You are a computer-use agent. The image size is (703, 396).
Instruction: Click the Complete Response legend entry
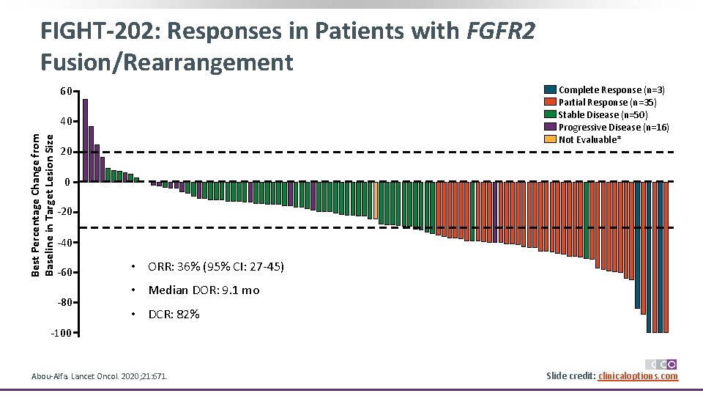[611, 89]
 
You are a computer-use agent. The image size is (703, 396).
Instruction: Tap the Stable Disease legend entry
[602, 114]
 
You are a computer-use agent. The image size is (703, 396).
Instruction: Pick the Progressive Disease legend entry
[613, 127]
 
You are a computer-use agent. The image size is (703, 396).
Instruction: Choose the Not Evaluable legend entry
[589, 139]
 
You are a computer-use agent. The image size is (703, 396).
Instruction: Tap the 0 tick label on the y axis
[67, 182]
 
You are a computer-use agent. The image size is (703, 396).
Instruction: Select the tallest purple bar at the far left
[85, 140]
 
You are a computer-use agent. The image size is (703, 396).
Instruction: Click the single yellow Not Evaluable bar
[376, 200]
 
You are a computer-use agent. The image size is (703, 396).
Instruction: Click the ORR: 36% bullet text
[215, 266]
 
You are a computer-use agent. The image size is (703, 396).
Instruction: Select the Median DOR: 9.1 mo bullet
[204, 290]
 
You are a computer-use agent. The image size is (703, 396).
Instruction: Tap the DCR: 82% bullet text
[174, 315]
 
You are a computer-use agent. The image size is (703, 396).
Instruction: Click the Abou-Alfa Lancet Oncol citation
[99, 376]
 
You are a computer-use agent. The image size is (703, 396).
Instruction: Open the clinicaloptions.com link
[638, 376]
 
